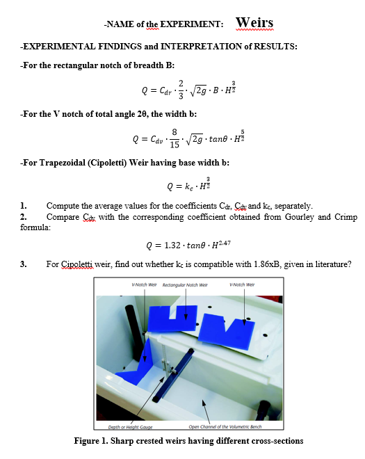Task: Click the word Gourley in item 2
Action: tap(294, 217)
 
